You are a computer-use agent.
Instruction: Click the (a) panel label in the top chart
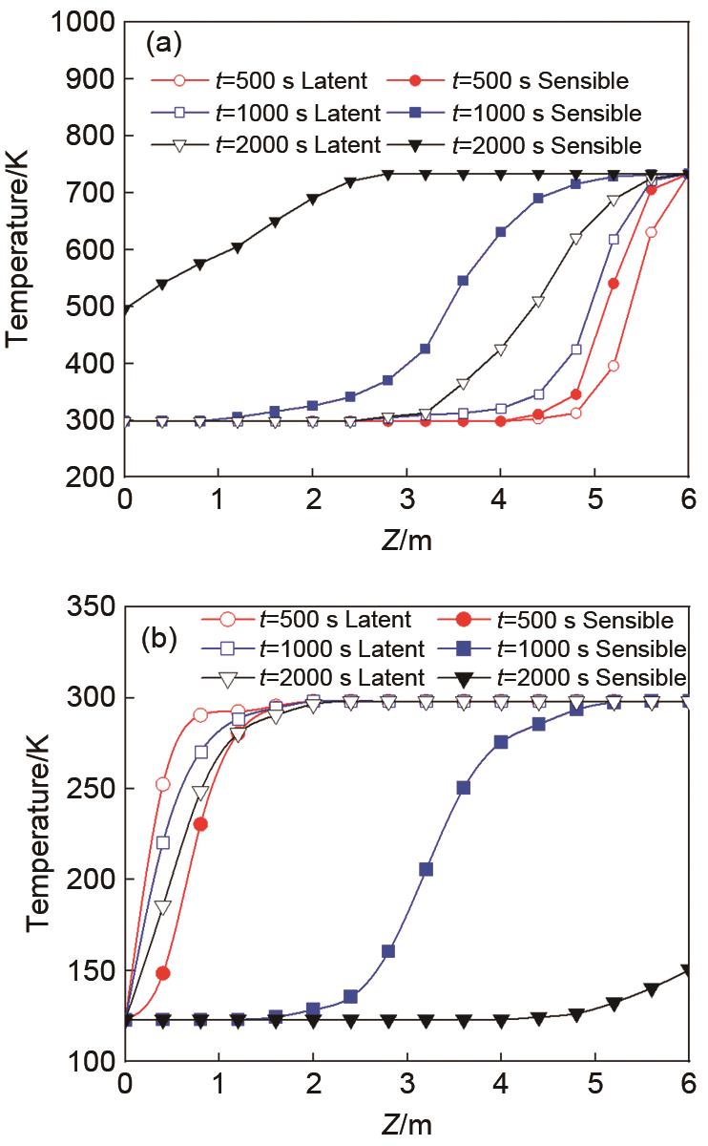coord(158,42)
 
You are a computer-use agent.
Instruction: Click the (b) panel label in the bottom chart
coord(160,638)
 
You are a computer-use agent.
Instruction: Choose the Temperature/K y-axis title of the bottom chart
coord(38,834)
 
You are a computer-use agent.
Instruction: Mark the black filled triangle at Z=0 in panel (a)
coord(125,309)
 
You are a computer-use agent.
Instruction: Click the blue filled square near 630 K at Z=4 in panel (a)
coord(501,232)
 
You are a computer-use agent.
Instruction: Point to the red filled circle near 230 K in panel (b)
coord(200,824)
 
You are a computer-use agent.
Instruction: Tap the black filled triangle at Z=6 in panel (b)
coord(688,971)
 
